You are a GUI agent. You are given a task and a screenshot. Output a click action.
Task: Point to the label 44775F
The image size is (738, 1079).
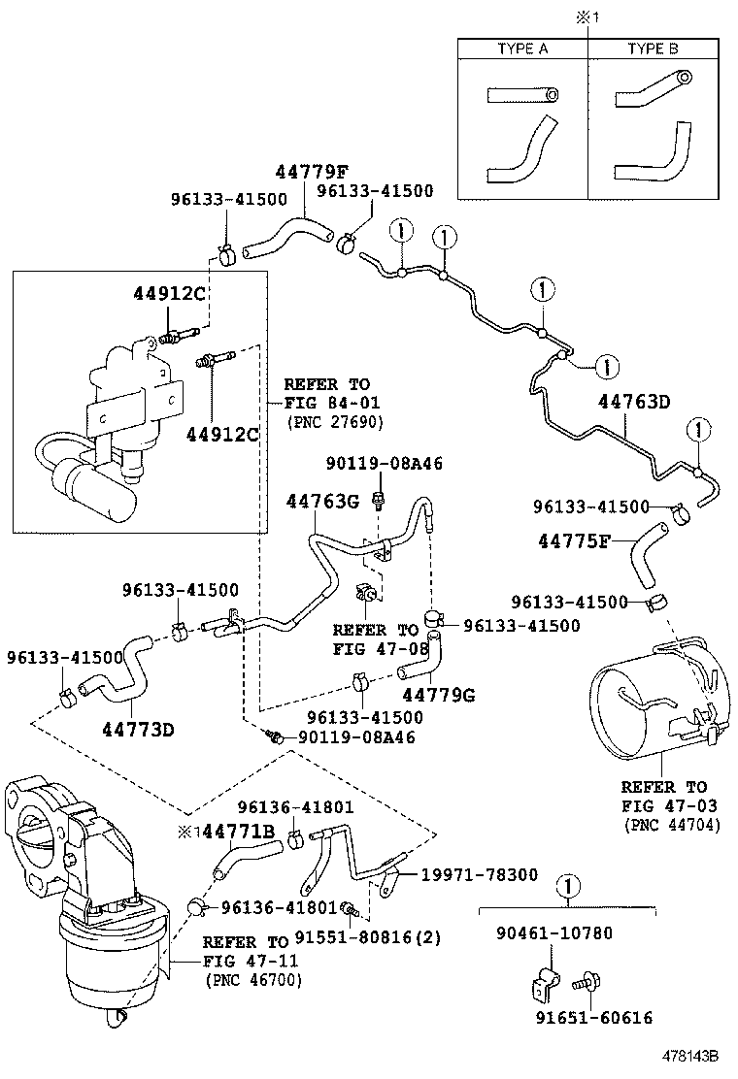(x=573, y=539)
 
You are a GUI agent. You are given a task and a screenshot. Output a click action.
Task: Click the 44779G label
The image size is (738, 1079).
(x=438, y=694)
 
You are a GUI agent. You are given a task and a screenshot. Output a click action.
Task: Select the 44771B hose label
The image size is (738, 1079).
(x=241, y=832)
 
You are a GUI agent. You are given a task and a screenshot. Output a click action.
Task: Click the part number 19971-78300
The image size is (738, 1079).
(x=479, y=874)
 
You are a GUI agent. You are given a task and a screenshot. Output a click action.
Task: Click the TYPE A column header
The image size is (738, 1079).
(x=522, y=49)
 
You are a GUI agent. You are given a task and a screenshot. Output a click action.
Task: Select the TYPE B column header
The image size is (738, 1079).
(x=652, y=49)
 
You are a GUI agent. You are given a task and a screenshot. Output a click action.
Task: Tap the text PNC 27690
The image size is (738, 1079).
(x=335, y=423)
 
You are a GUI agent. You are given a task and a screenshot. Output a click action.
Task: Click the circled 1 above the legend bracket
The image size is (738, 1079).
(x=568, y=886)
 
